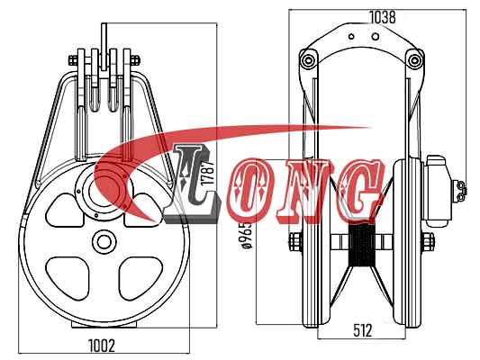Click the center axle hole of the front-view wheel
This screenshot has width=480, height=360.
[102, 242]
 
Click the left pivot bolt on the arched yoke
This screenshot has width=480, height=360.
[309, 60]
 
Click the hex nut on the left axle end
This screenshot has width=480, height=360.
[295, 242]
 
